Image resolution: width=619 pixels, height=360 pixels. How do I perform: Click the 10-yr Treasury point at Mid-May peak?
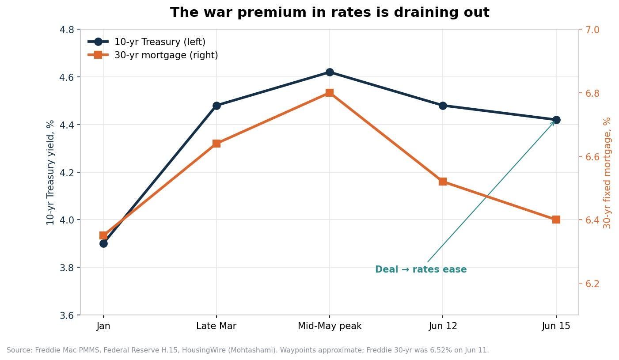[x=330, y=72]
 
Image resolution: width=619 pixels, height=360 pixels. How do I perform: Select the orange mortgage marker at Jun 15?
[x=556, y=220]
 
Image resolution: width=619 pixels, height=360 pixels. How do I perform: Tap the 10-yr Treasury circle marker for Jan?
[x=104, y=243]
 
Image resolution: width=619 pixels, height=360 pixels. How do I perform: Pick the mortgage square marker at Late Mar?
[x=216, y=144]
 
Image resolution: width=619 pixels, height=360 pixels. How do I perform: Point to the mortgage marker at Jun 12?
[x=443, y=182]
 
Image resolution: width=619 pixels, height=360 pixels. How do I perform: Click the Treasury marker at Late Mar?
[x=216, y=106]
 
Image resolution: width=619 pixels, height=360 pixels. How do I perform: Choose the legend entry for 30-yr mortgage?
[x=153, y=55]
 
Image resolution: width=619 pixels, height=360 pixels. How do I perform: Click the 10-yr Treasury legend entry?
[x=146, y=42]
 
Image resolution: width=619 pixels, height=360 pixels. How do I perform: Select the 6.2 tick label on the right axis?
[x=592, y=284]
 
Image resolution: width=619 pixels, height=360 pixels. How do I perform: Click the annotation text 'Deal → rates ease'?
[x=421, y=269]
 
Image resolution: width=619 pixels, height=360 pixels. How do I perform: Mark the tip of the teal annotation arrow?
[x=554, y=121]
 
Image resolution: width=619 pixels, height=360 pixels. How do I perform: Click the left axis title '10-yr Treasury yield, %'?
[x=50, y=172]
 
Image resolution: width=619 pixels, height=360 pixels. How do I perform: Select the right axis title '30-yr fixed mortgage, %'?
[x=607, y=173]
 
